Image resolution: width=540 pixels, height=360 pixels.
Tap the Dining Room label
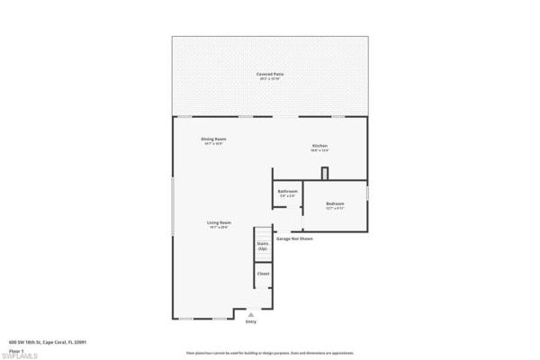pyautogui.click(x=213, y=139)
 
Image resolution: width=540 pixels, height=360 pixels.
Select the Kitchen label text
pyautogui.click(x=319, y=146)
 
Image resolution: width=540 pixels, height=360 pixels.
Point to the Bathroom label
pyautogui.click(x=288, y=191)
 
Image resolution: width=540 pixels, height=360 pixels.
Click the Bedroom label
pyautogui.click(x=335, y=203)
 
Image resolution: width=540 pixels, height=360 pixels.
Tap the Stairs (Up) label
pyautogui.click(x=263, y=245)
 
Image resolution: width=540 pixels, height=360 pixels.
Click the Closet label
pyautogui.click(x=264, y=274)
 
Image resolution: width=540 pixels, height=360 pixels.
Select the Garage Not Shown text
pyautogui.click(x=294, y=239)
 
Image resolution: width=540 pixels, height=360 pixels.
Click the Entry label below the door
pyautogui.click(x=264, y=322)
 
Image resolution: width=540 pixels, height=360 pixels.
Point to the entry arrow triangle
pyautogui.click(x=264, y=314)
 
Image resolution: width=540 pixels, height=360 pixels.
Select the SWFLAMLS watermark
pyautogui.click(x=18, y=355)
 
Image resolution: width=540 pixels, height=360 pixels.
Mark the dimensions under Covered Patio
pyautogui.click(x=270, y=80)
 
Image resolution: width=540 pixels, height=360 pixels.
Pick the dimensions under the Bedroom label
pyautogui.click(x=335, y=208)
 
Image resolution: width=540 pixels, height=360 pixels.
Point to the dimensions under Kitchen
pyautogui.click(x=319, y=150)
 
